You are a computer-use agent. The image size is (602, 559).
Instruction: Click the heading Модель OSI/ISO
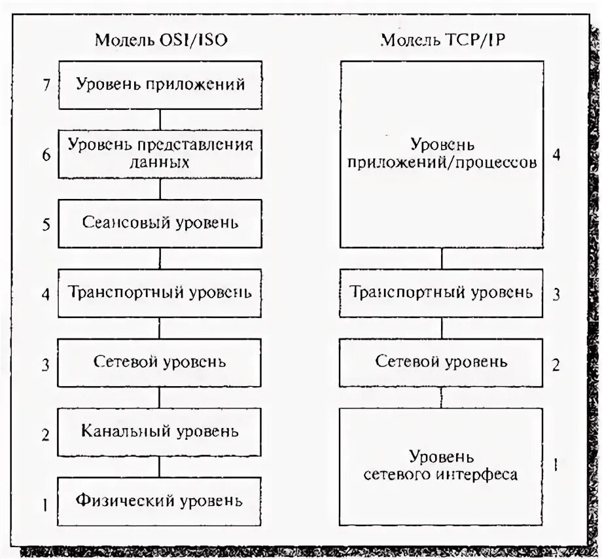pyautogui.click(x=161, y=39)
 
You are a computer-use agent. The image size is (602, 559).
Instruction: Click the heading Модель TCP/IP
pyautogui.click(x=442, y=39)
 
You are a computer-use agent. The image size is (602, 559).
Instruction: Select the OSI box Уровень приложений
pyautogui.click(x=160, y=85)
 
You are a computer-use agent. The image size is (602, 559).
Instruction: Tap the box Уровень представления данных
pyautogui.click(x=160, y=153)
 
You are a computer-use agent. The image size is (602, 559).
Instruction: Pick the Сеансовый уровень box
pyautogui.click(x=160, y=223)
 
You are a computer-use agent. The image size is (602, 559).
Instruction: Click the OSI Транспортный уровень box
pyautogui.click(x=160, y=293)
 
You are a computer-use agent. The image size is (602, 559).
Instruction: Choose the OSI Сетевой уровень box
pyautogui.click(x=160, y=362)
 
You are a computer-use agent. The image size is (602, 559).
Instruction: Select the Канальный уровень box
pyautogui.click(x=160, y=432)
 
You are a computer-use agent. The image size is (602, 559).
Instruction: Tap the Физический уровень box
pyautogui.click(x=160, y=502)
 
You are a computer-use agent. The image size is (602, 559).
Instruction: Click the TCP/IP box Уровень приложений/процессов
pyautogui.click(x=442, y=154)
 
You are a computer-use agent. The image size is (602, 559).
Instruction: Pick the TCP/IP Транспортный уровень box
pyautogui.click(x=442, y=293)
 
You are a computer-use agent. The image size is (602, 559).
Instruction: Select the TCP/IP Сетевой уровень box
pyautogui.click(x=442, y=362)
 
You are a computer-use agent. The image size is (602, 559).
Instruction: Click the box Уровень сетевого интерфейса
pyautogui.click(x=442, y=466)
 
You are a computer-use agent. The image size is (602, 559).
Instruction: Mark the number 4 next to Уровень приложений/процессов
pyautogui.click(x=556, y=156)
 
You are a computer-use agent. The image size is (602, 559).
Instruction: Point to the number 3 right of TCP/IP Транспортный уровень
pyautogui.click(x=556, y=294)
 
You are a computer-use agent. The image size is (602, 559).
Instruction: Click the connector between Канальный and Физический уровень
pyautogui.click(x=160, y=467)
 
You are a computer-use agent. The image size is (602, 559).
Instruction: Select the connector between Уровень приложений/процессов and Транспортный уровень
pyautogui.click(x=442, y=259)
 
